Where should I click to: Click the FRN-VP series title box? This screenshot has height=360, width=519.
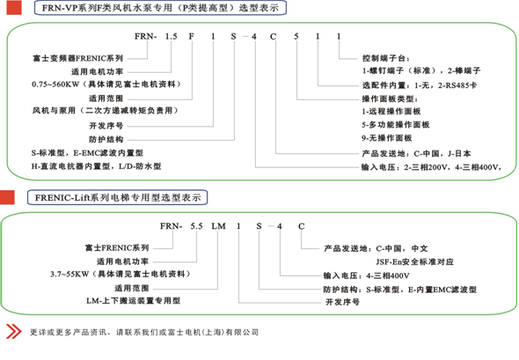pyautogui.click(x=160, y=8)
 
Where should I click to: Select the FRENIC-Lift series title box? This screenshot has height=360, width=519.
pyautogui.click(x=118, y=197)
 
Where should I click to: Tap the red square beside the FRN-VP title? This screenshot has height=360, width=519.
pyautogui.click(x=14, y=8)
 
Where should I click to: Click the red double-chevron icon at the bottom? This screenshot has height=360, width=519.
pyautogui.click(x=13, y=332)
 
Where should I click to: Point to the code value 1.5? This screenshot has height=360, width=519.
pyautogui.click(x=172, y=36)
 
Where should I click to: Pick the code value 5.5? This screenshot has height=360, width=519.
pyautogui.click(x=196, y=226)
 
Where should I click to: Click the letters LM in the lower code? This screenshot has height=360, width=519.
pyautogui.click(x=218, y=226)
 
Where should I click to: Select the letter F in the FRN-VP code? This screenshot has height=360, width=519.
pyautogui.click(x=191, y=36)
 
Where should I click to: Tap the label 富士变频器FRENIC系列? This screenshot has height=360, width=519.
pyautogui.click(x=77, y=58)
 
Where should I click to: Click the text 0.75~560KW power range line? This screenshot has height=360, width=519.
pyautogui.click(x=106, y=84)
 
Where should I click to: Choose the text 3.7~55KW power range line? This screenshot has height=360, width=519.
pyautogui.click(x=121, y=274)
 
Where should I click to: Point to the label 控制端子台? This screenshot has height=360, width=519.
pyautogui.click(x=385, y=58)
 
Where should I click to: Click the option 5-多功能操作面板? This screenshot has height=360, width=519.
pyautogui.click(x=396, y=124)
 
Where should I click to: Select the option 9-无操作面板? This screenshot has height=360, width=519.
pyautogui.click(x=386, y=138)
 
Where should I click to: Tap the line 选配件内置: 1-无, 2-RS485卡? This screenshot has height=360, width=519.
pyautogui.click(x=420, y=85)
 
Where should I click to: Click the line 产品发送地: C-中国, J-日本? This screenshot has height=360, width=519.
pyautogui.click(x=416, y=153)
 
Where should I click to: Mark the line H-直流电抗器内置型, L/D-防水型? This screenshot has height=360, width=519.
pyautogui.click(x=96, y=166)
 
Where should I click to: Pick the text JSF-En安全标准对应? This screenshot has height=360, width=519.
pyautogui.click(x=414, y=261)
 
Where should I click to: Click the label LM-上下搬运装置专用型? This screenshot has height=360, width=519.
pyautogui.click(x=134, y=301)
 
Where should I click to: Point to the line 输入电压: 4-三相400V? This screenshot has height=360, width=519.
pyautogui.click(x=367, y=276)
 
